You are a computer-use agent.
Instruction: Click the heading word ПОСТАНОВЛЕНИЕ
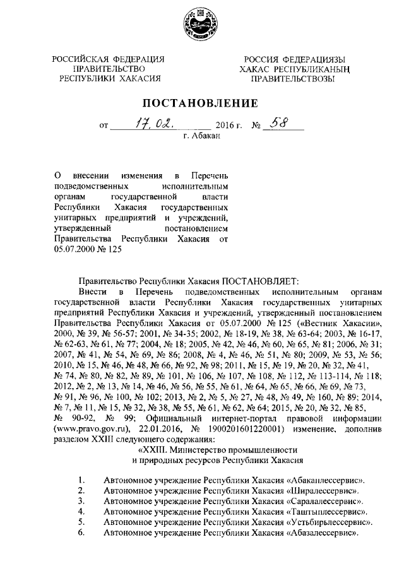pos(201,103)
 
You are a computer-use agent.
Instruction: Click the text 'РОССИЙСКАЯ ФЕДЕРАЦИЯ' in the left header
pos(109,59)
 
